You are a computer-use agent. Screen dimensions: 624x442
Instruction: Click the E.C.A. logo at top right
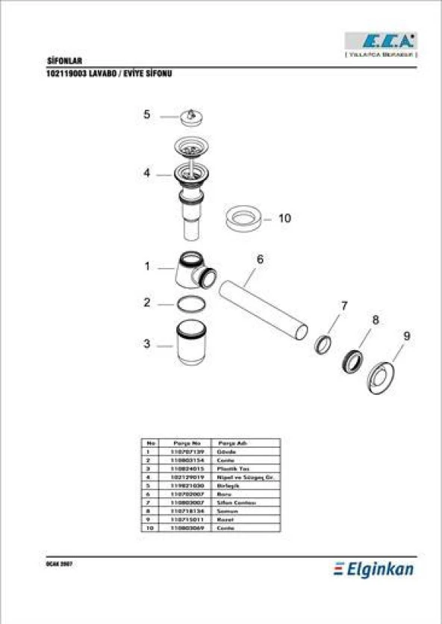pyautogui.click(x=381, y=41)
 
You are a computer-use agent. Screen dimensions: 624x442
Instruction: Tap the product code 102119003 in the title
pyautogui.click(x=68, y=75)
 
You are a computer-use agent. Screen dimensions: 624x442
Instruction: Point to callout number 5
pyautogui.click(x=147, y=115)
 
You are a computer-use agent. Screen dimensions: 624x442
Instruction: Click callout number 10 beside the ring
pyautogui.click(x=284, y=219)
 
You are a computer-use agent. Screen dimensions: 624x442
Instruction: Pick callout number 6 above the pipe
pyautogui.click(x=260, y=259)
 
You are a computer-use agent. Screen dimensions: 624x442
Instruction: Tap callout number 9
pyautogui.click(x=406, y=336)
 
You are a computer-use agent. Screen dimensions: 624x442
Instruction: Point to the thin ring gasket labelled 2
pyautogui.click(x=191, y=304)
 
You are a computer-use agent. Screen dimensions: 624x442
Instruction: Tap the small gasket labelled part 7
pyautogui.click(x=323, y=344)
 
